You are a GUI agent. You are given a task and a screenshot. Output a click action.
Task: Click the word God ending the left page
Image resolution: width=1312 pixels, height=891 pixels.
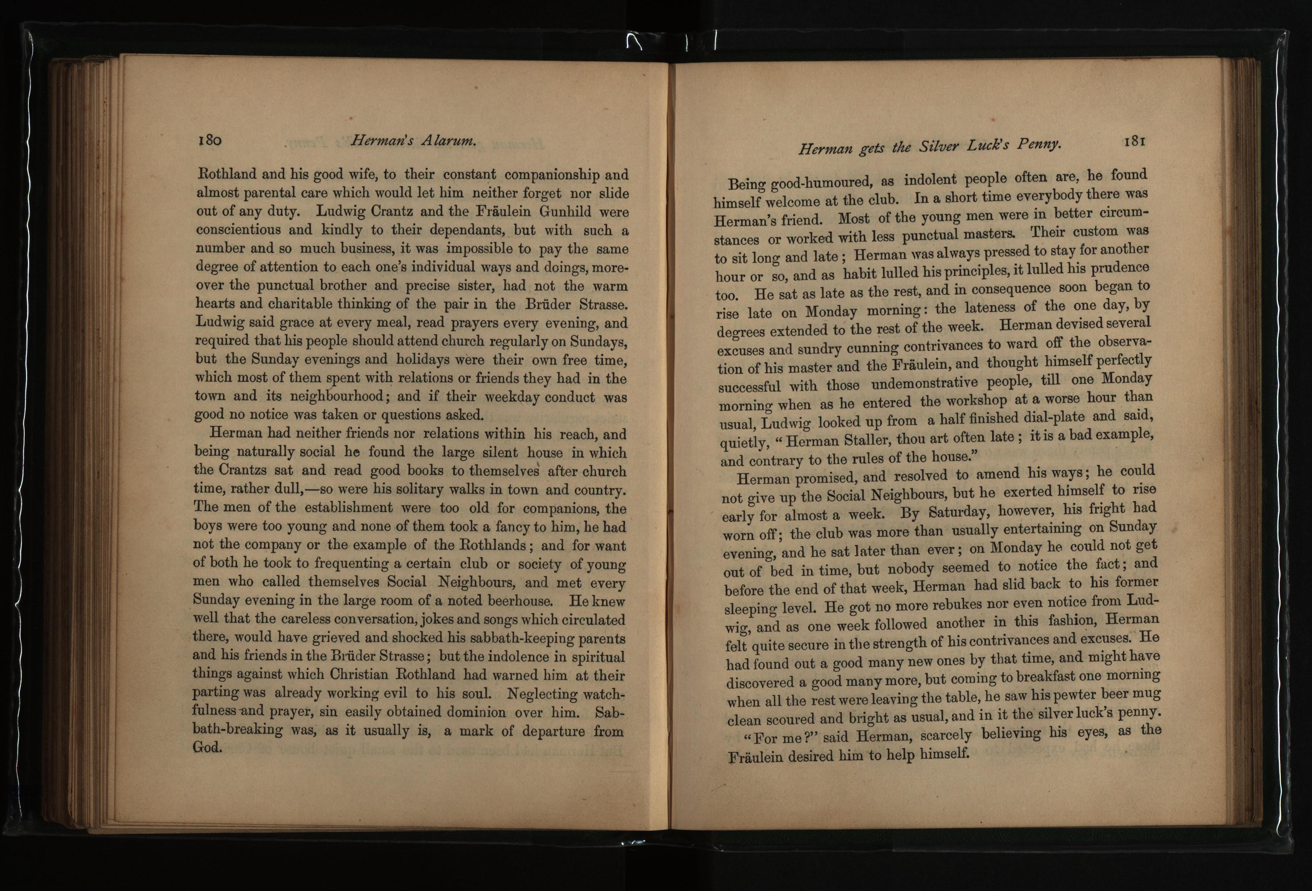(x=207, y=747)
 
